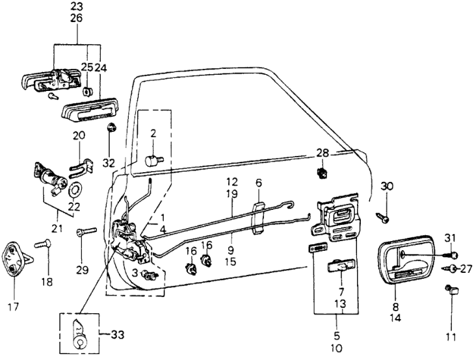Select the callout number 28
[323, 153]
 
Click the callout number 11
[451, 337]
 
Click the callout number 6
[258, 184]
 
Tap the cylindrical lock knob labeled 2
[153, 158]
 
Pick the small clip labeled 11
[450, 290]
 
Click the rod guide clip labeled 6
[257, 216]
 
